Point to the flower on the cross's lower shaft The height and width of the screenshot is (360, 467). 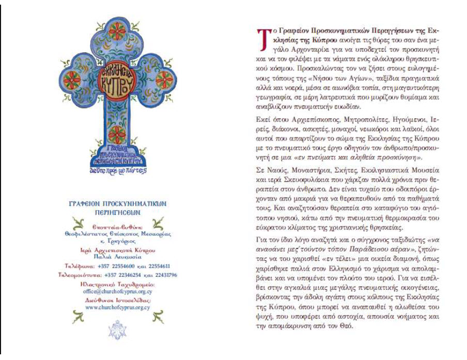coord(117,135)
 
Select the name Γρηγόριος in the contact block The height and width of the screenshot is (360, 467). coord(119,241)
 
